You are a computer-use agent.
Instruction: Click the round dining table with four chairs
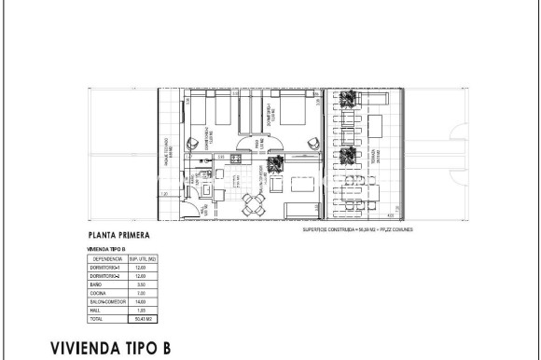[249, 203]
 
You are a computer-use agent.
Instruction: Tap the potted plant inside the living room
[275, 166]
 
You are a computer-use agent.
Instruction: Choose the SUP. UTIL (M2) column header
[142, 258]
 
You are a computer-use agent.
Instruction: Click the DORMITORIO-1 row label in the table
[105, 268]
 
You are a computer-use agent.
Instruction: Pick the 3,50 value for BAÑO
[142, 284]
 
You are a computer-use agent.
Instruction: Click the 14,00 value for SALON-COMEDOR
[142, 301]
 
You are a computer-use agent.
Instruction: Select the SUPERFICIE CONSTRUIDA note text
[358, 228]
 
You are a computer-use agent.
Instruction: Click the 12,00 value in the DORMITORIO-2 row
[142, 276]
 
